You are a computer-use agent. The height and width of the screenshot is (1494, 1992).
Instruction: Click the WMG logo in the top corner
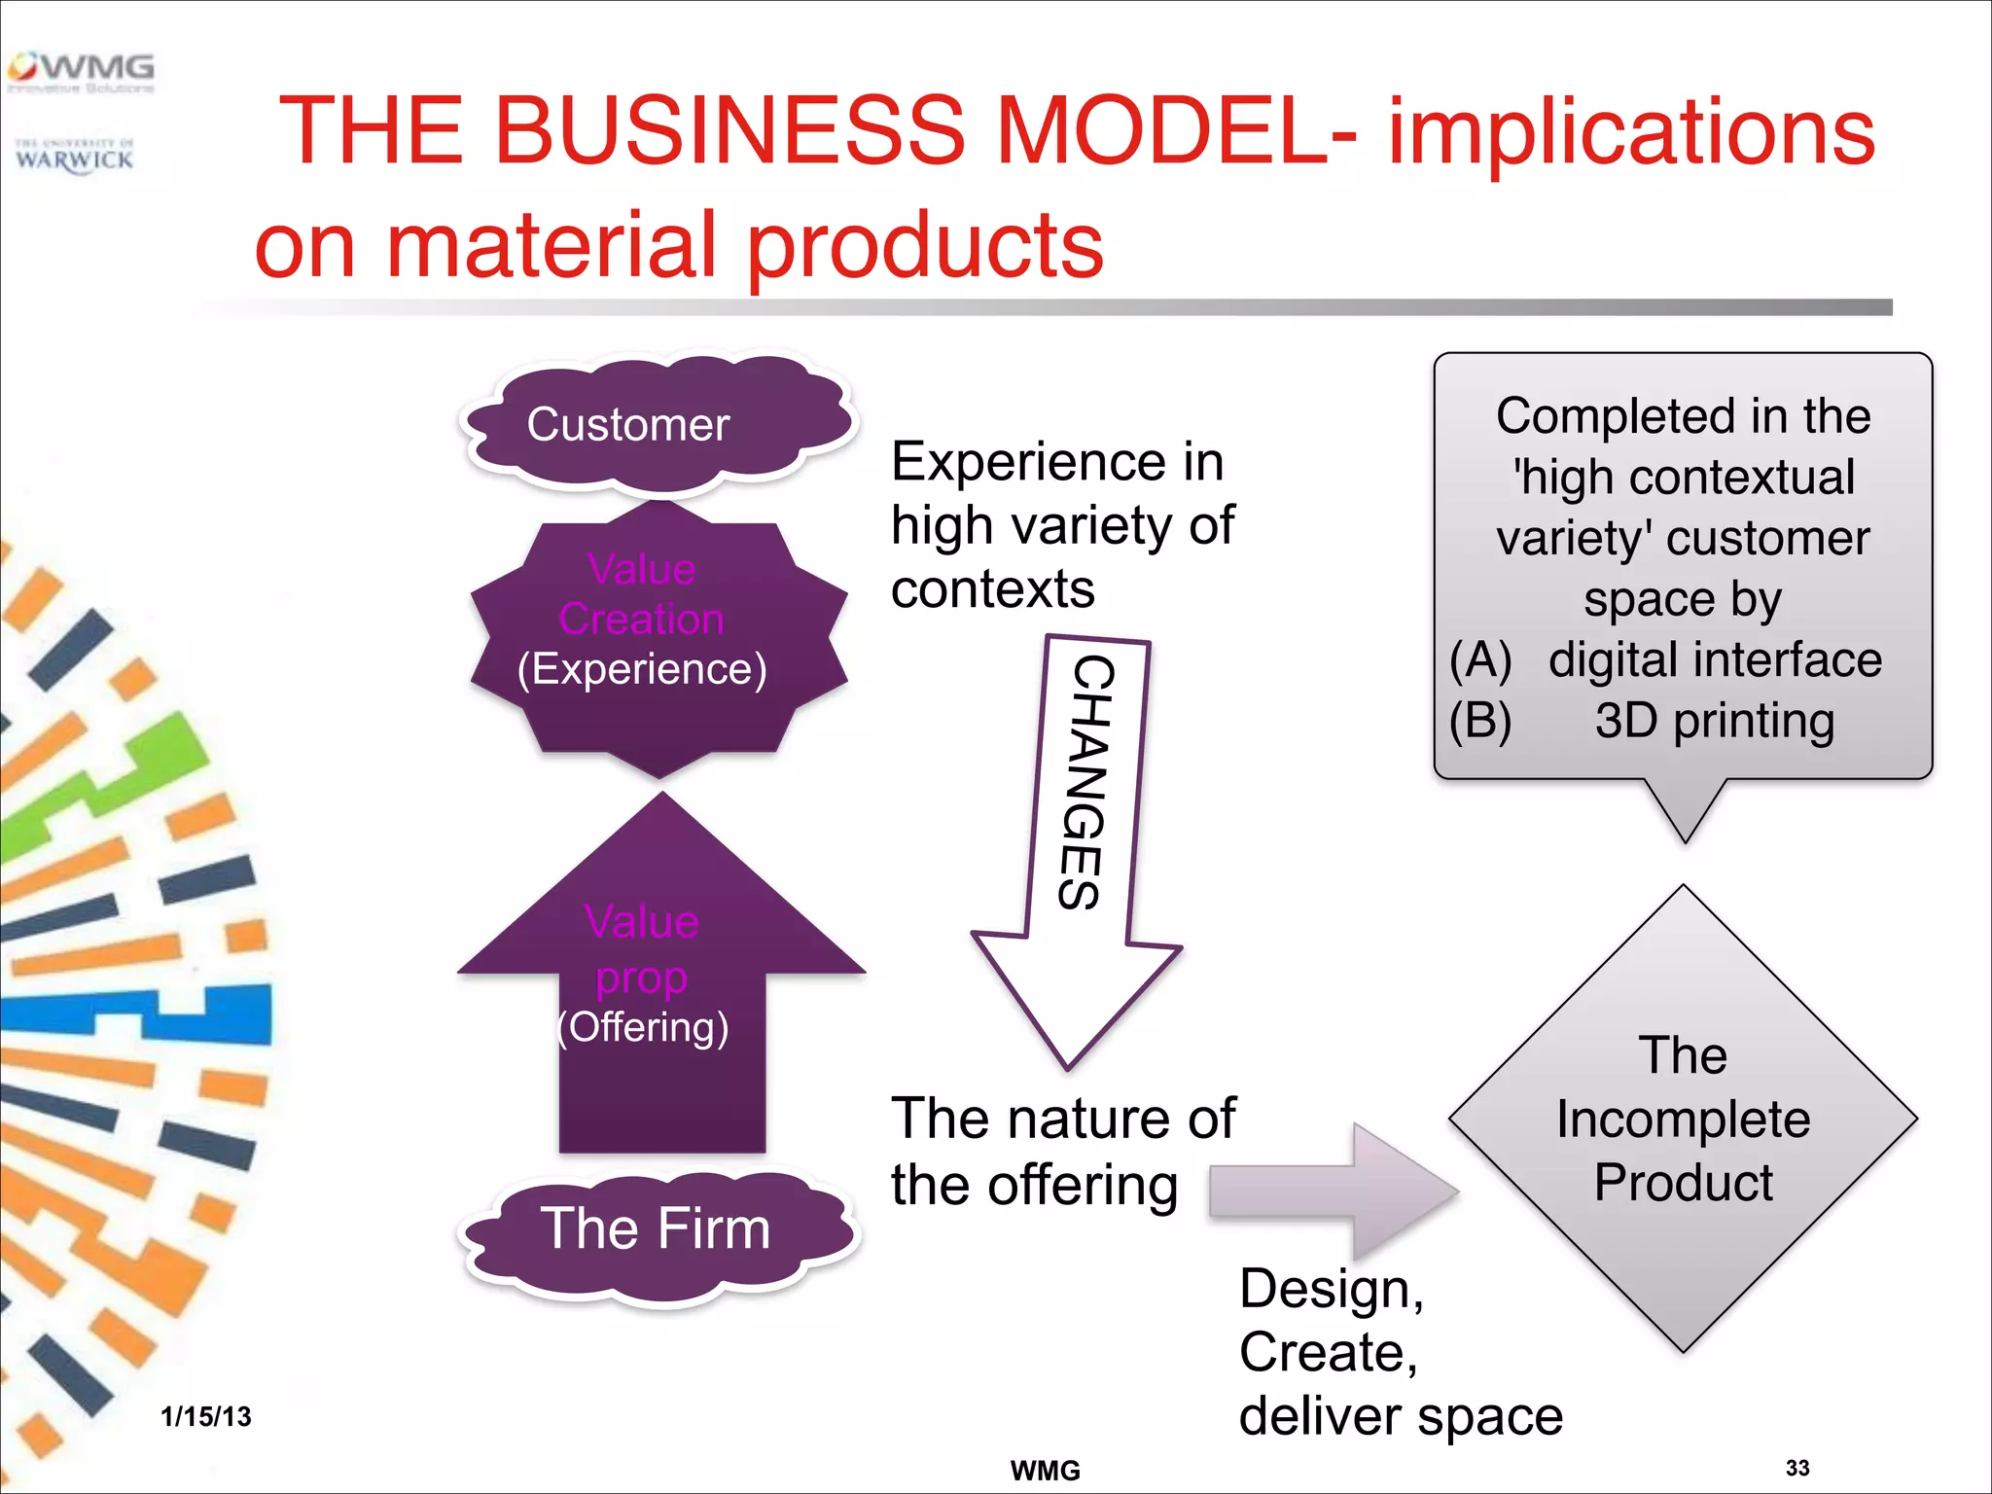(x=82, y=70)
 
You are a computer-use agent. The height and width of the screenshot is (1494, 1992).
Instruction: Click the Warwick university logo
(x=75, y=156)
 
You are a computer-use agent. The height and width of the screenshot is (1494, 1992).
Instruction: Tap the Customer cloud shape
(x=658, y=424)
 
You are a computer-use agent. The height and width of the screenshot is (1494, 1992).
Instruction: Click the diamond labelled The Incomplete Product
(x=1683, y=1119)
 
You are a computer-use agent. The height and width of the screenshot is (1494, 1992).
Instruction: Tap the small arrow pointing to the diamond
(x=1333, y=1191)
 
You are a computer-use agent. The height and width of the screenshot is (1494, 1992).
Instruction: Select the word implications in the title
(x=1631, y=132)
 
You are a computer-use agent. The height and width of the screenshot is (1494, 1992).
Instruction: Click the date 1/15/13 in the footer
(x=206, y=1416)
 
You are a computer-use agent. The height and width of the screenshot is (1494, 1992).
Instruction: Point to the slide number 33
(x=1797, y=1468)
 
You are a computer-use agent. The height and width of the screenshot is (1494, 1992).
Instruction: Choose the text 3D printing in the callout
(x=1715, y=721)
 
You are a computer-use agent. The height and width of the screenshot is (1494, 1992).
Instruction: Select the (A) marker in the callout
(x=1480, y=660)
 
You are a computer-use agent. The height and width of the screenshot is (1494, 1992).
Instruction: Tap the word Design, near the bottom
(x=1332, y=1290)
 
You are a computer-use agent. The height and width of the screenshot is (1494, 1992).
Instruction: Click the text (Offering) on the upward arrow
(x=643, y=1027)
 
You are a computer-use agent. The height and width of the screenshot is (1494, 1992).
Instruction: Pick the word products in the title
(x=925, y=246)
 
